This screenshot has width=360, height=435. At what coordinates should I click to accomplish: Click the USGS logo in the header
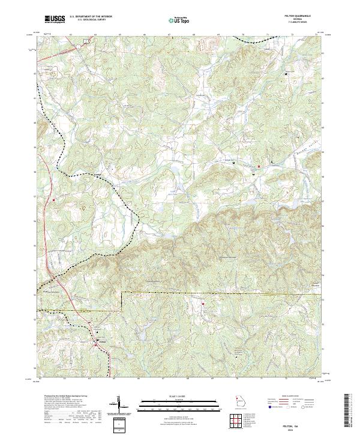click(x=55, y=19)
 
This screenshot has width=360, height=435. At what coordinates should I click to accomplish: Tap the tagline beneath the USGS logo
click(x=55, y=24)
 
